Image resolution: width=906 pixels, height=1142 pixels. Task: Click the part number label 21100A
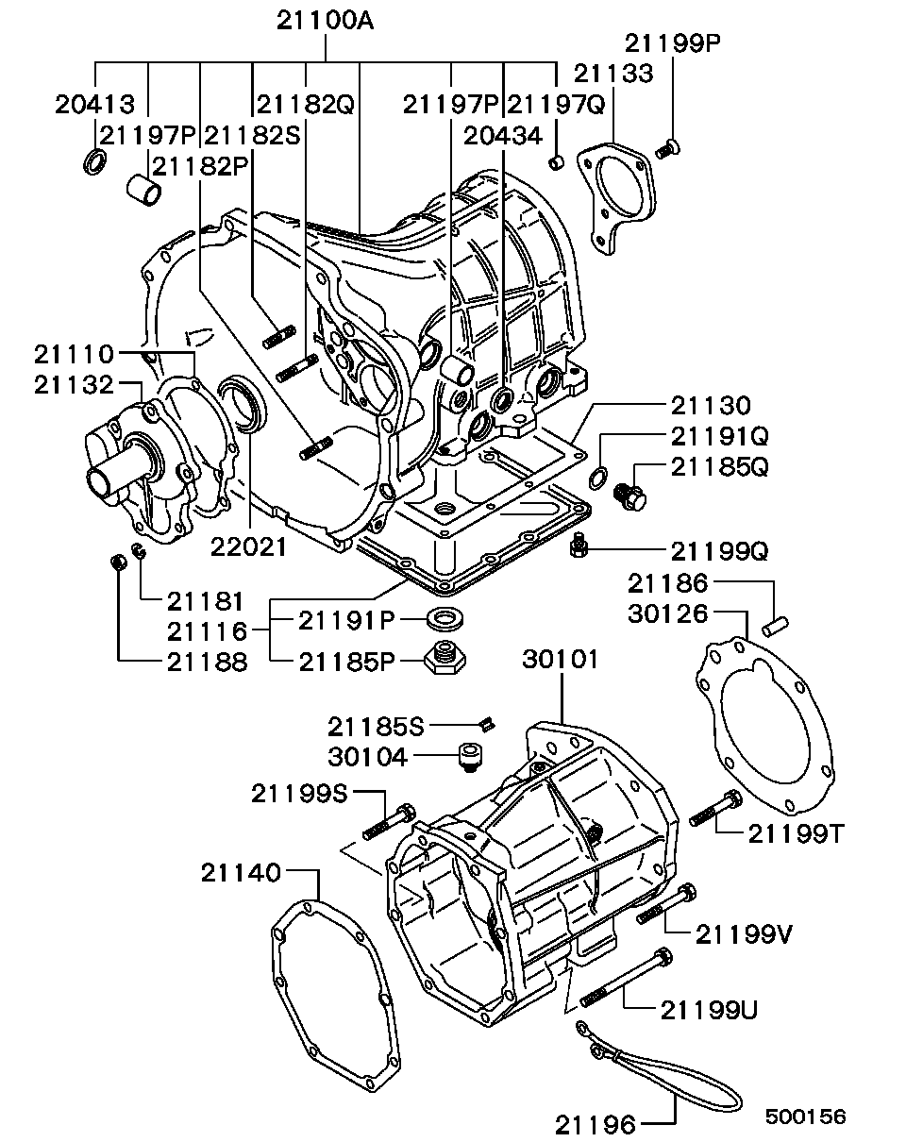(x=325, y=22)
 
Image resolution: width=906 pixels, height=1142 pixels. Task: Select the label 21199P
(x=673, y=43)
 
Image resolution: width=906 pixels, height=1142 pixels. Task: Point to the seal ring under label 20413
(x=95, y=161)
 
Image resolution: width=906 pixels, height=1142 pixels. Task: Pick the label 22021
(x=248, y=547)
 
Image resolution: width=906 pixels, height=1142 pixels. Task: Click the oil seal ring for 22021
(x=244, y=402)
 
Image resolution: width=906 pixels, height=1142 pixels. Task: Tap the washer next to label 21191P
(x=445, y=620)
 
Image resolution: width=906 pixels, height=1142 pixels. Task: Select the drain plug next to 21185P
(x=445, y=658)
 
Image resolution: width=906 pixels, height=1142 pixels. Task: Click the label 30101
(x=561, y=660)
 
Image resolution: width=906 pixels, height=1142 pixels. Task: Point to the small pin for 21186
(x=776, y=627)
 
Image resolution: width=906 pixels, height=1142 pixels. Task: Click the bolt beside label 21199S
(x=389, y=822)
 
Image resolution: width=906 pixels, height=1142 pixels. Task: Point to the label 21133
(x=613, y=74)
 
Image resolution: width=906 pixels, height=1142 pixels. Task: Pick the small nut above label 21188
(x=118, y=563)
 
